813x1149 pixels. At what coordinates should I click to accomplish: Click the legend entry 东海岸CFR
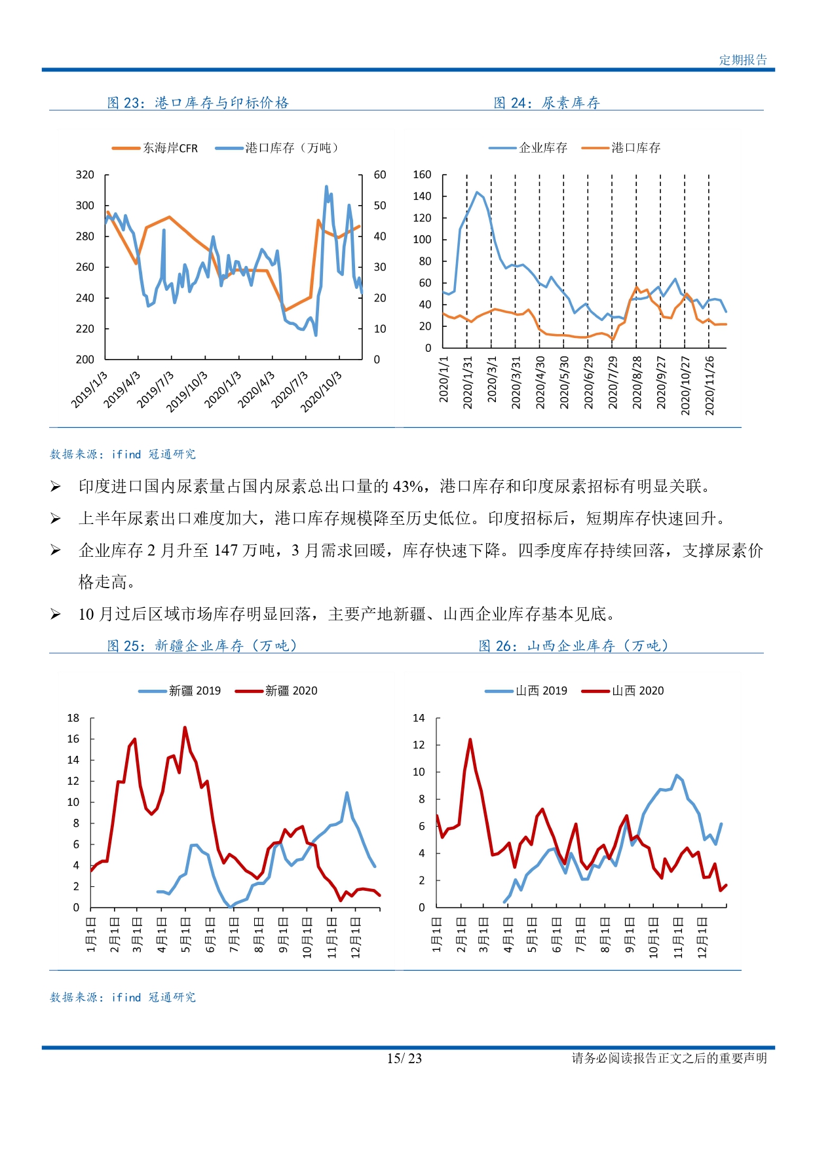tap(155, 148)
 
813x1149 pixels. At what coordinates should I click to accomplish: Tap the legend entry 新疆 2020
tap(276, 690)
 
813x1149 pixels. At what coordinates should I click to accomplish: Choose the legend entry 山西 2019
tap(526, 690)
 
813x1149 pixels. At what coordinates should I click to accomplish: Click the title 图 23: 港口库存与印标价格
tap(198, 103)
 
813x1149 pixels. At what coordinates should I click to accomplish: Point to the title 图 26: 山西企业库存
tap(574, 646)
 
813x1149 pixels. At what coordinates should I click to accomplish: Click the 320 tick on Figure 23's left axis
tap(85, 175)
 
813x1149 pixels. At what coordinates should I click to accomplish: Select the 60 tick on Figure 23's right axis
tap(380, 175)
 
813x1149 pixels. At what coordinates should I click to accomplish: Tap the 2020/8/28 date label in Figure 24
tap(637, 383)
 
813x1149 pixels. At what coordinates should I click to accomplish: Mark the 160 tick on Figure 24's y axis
tap(422, 175)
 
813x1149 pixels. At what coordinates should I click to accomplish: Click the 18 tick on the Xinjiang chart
tap(73, 718)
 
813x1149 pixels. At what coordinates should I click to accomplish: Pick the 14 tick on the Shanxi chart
tap(419, 718)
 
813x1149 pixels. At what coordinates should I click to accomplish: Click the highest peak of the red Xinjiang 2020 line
tap(185, 727)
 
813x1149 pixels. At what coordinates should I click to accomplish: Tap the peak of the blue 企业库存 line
tap(477, 192)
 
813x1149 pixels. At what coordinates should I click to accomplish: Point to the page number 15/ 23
tap(404, 1059)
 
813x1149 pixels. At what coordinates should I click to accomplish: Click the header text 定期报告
tap(743, 60)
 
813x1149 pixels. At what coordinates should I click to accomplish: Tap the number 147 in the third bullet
tap(226, 551)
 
